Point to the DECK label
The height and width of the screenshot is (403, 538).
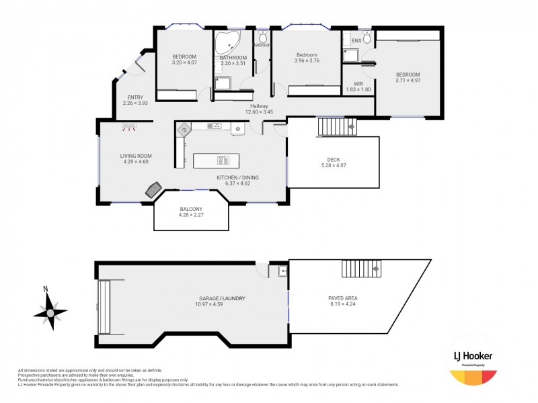pos(334,159)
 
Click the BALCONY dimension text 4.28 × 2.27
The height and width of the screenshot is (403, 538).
pos(192,215)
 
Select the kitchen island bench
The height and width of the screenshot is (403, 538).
pos(216,161)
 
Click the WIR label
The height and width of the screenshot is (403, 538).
pos(358,83)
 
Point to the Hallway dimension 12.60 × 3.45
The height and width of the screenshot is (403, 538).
pos(259,113)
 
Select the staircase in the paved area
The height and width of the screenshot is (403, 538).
pos(361,269)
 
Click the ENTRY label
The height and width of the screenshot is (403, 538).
pos(134,97)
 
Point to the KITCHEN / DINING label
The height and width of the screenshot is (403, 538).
pos(237,177)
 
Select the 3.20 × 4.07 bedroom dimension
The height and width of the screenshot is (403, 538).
pos(184,62)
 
